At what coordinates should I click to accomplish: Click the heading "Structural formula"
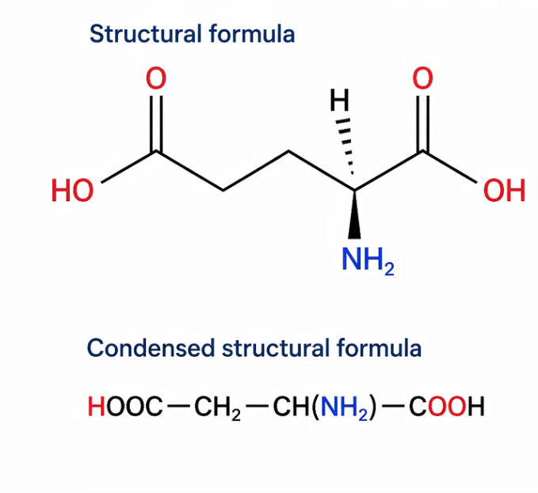pyautogui.click(x=192, y=34)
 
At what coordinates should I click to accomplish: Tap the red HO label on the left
pyautogui.click(x=72, y=191)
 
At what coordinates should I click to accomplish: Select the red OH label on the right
pyautogui.click(x=504, y=191)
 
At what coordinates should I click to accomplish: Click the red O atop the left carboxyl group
pyautogui.click(x=156, y=78)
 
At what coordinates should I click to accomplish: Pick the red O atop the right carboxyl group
pyautogui.click(x=423, y=78)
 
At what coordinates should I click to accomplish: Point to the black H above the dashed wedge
pyautogui.click(x=340, y=100)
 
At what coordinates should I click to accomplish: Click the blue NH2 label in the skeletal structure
pyautogui.click(x=368, y=260)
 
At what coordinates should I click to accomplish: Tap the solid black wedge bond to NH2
pyautogui.click(x=354, y=214)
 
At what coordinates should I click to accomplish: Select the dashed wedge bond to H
pyautogui.click(x=345, y=146)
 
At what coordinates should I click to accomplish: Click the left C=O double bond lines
pyautogui.click(x=156, y=123)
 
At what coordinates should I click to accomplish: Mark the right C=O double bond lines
pyautogui.click(x=423, y=123)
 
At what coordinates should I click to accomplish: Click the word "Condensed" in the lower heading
pyautogui.click(x=151, y=348)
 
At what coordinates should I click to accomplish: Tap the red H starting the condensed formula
pyautogui.click(x=97, y=406)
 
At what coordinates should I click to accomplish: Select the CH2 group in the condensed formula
pyautogui.click(x=218, y=408)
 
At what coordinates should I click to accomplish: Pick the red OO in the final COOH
pyautogui.click(x=447, y=406)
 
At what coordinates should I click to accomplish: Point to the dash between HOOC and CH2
pyautogui.click(x=178, y=407)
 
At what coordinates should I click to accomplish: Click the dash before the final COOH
pyautogui.click(x=395, y=407)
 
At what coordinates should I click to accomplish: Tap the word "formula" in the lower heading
pyautogui.click(x=380, y=348)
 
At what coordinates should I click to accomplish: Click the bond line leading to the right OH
pyautogui.click(x=449, y=166)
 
